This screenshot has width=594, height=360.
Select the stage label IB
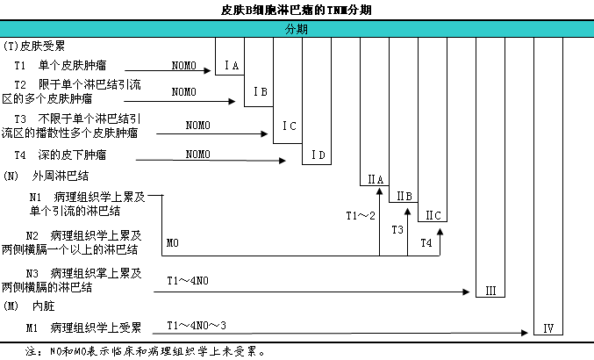tap(260, 91)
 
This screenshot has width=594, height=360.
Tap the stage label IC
tap(290, 126)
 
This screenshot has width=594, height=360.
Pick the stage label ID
tap(318, 155)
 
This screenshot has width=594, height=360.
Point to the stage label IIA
tap(375, 180)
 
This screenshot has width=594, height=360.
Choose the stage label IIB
tap(404, 196)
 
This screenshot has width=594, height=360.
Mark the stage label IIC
tap(433, 215)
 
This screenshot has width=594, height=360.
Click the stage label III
tap(490, 291)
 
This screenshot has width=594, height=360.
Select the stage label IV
tap(547, 329)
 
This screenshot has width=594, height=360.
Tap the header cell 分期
tap(296, 29)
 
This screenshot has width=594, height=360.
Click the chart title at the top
tap(296, 10)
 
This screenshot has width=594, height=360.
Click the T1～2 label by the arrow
tap(360, 215)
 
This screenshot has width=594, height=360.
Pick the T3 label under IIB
tap(397, 229)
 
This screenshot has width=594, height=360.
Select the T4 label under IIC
tap(426, 241)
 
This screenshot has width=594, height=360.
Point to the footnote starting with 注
tap(145, 350)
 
